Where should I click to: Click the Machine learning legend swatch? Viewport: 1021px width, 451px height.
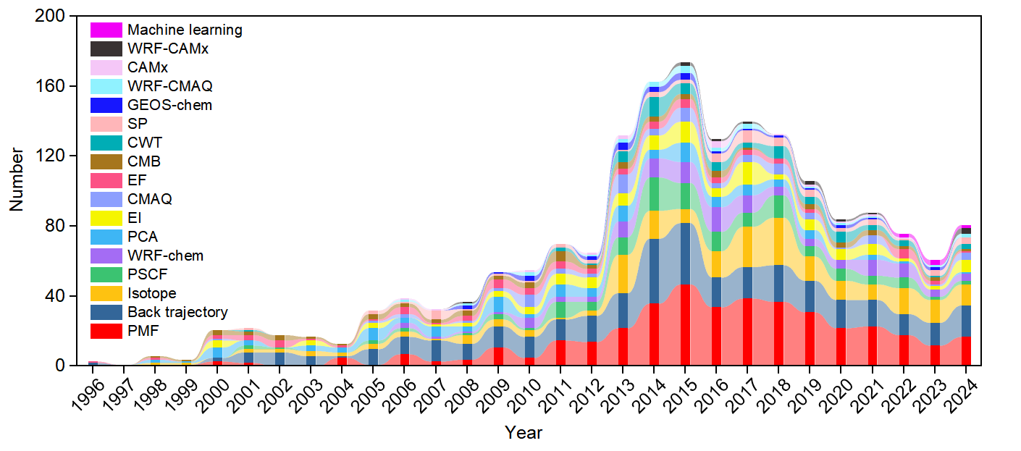coord(106,30)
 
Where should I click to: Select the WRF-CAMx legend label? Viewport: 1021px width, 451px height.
coord(168,49)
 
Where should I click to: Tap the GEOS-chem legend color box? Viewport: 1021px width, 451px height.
coord(106,105)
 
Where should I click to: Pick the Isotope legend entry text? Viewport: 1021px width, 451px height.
coord(152,293)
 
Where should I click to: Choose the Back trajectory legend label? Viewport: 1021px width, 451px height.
coord(177,312)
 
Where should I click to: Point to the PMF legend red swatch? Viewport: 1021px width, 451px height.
coord(106,331)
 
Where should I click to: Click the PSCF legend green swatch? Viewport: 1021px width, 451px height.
coord(106,274)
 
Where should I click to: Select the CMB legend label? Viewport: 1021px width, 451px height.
coord(144,161)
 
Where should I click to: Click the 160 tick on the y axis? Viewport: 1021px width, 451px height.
coord(50,85)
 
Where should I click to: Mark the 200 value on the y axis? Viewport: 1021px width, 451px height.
coord(50,16)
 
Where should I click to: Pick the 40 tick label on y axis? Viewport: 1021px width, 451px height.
coord(55,295)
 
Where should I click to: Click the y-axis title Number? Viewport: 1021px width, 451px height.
coord(17,180)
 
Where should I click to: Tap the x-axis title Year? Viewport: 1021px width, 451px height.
coord(524,432)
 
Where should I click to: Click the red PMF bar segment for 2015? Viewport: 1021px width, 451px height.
coord(684,325)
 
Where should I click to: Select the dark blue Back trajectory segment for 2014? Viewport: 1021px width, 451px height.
coord(654,271)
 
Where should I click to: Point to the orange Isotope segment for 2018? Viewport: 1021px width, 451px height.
coord(778,242)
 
